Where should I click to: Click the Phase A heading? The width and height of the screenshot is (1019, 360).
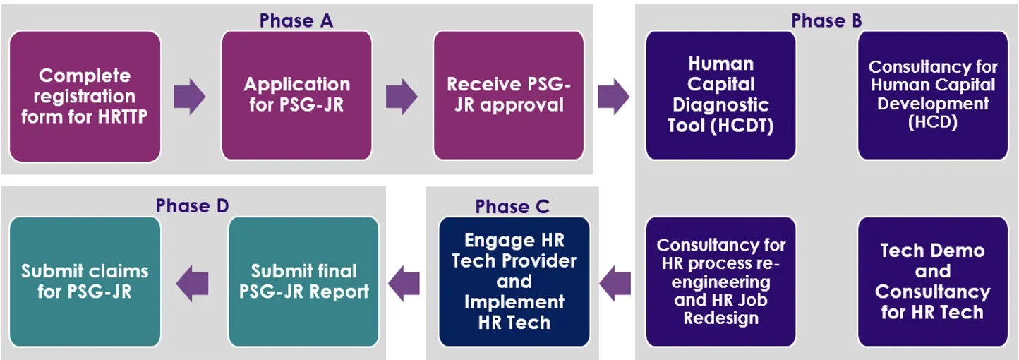pos(296,20)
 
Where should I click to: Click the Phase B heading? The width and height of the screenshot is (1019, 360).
pos(826,20)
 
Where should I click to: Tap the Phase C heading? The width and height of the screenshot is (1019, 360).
pos(512,206)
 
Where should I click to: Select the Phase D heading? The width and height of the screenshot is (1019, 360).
pos(193,205)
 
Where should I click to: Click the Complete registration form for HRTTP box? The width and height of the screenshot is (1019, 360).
pos(85,96)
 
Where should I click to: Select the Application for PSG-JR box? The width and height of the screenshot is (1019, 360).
pos(296,96)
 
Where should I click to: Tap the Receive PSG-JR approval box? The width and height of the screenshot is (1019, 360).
pos(508,96)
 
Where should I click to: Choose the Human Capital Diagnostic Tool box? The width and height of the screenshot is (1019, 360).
pos(720,96)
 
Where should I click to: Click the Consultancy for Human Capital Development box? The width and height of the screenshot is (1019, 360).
pos(932,96)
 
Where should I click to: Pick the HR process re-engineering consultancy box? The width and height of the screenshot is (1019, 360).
pos(720,282)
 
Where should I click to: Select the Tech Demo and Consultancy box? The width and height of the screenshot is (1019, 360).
pos(932,282)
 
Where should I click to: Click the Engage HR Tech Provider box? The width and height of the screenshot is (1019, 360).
pos(514,282)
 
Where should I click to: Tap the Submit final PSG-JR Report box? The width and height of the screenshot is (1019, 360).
pos(303,282)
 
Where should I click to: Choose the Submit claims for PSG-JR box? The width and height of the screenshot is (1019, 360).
pos(85,282)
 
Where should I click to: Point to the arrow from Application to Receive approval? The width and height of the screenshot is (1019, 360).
pos(402,97)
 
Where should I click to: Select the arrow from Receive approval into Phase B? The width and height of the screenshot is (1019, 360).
pos(613,97)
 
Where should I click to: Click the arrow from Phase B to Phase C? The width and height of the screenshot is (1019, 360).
pos(615,283)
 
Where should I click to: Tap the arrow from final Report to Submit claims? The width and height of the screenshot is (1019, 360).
pos(193,283)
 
